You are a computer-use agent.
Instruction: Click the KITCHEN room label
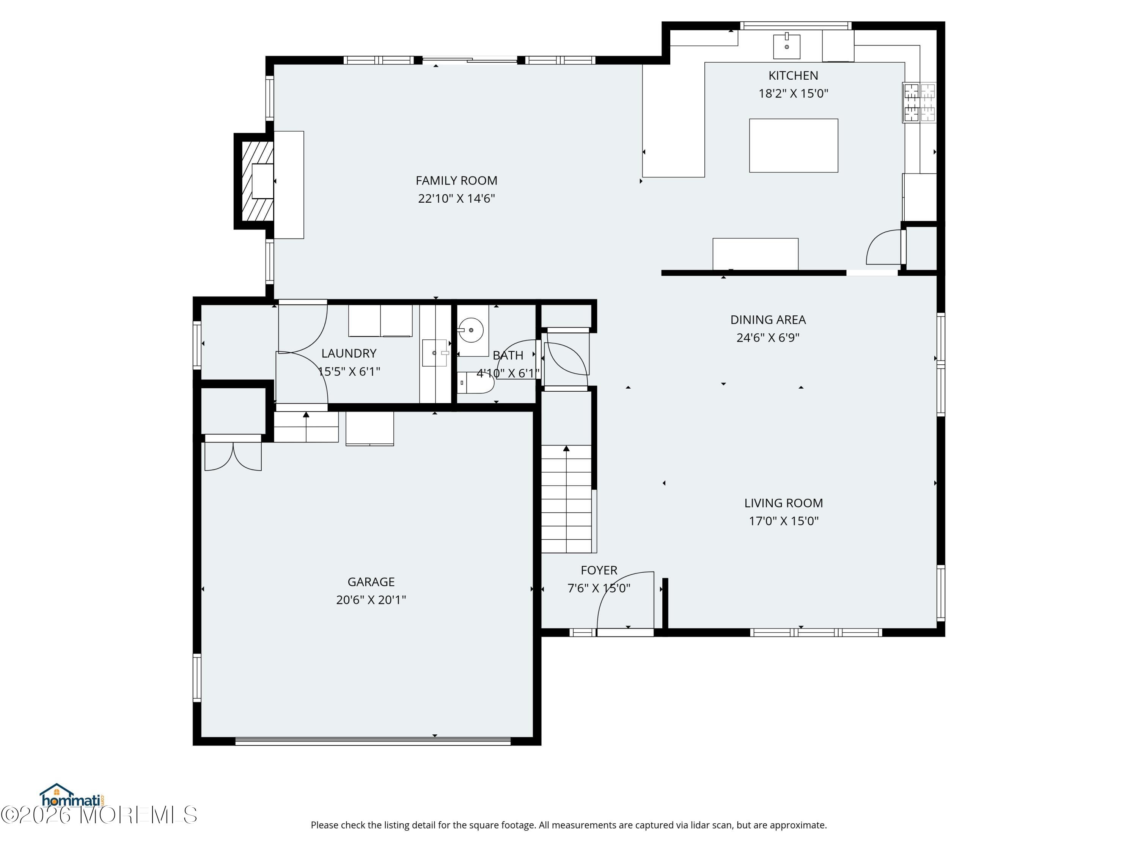click(x=793, y=76)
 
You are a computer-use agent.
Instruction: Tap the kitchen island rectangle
click(x=793, y=146)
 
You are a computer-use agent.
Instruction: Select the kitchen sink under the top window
click(x=787, y=47)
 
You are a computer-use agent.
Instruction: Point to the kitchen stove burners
click(x=920, y=102)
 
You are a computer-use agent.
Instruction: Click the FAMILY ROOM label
click(x=456, y=181)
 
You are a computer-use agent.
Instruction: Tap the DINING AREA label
click(x=768, y=320)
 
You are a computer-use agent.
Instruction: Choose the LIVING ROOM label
click(x=784, y=503)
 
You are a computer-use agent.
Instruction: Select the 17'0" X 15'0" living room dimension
click(x=784, y=521)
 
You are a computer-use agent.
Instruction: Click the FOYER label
click(x=599, y=570)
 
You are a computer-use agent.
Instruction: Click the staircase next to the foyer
click(x=566, y=499)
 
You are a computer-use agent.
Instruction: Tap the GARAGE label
click(x=371, y=582)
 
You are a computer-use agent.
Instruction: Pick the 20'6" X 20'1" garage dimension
click(x=371, y=600)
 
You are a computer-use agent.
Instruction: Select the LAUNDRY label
click(x=349, y=353)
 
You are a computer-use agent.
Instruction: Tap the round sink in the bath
click(x=471, y=330)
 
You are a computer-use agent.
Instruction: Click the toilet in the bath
click(x=476, y=383)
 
